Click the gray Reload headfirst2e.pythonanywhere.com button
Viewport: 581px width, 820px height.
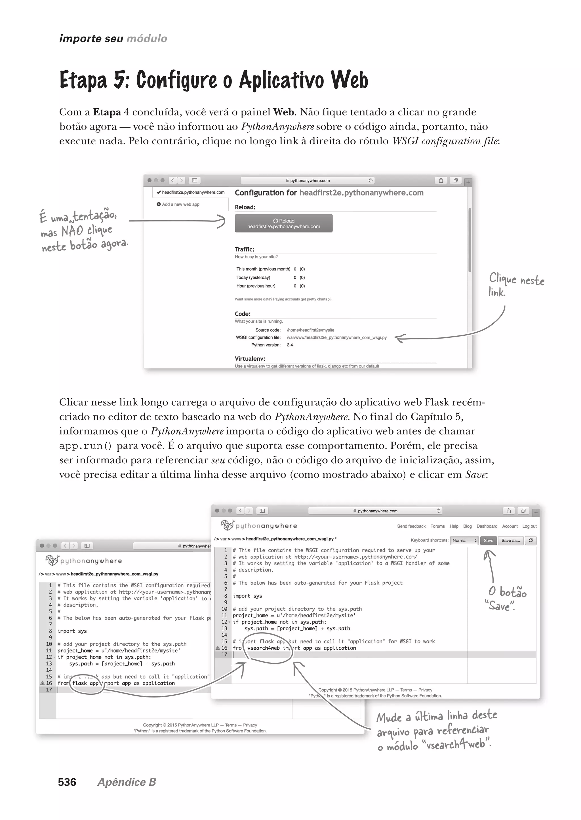(283, 223)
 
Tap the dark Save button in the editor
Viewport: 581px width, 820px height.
(488, 540)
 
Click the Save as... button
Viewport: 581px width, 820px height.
(511, 540)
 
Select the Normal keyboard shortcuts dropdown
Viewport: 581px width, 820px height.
(464, 540)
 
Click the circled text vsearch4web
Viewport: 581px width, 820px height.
(263, 648)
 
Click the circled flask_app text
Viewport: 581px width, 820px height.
(85, 683)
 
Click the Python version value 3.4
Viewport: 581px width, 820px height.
(290, 345)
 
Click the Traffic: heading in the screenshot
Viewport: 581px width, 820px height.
(244, 249)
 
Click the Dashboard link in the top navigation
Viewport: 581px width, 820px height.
(487, 526)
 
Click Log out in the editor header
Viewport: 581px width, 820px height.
(529, 526)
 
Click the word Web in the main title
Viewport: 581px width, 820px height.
(349, 80)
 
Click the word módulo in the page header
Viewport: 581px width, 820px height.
(147, 39)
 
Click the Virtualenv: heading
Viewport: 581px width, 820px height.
(250, 359)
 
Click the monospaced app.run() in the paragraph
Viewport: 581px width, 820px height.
(85, 446)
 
